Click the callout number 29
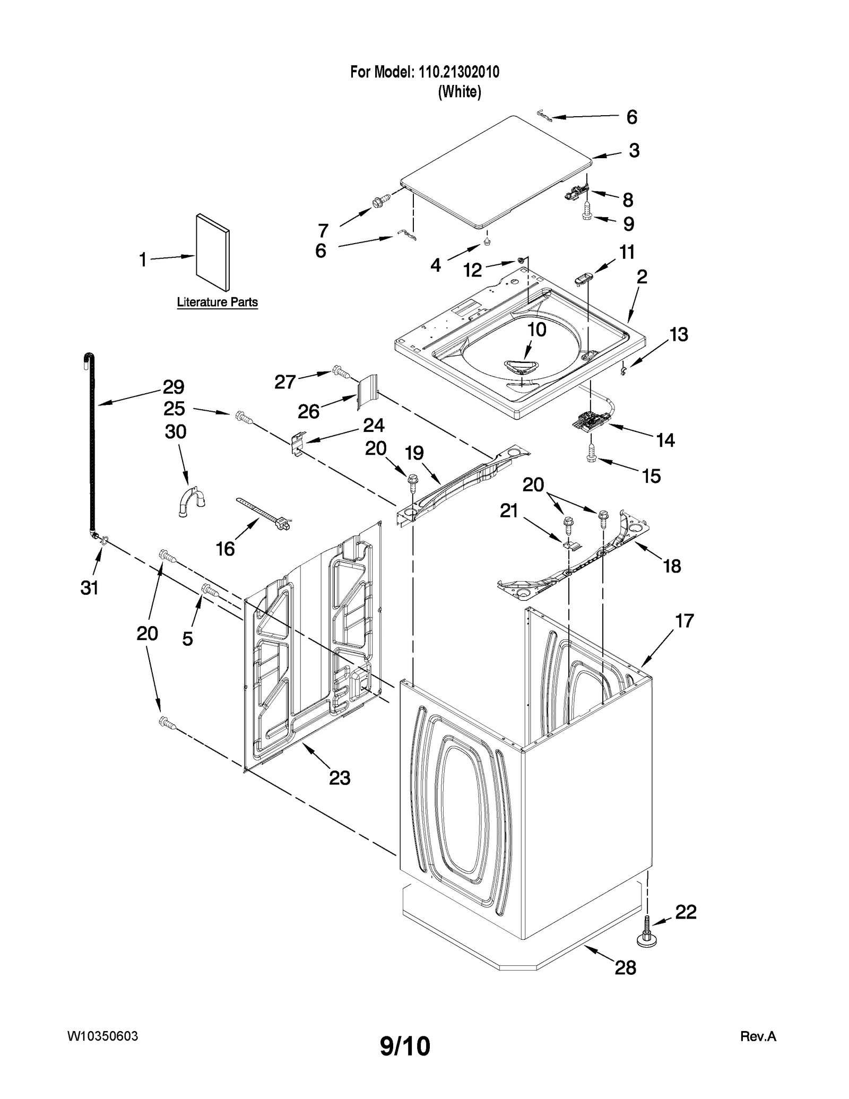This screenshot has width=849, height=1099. (x=173, y=387)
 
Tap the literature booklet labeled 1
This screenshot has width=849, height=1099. (x=213, y=253)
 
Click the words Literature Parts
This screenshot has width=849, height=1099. (x=217, y=302)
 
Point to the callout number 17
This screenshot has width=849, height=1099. (x=685, y=620)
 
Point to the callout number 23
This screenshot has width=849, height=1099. (x=340, y=777)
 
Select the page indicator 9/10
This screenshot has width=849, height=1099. (x=405, y=1045)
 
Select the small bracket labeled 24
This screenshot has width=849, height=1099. (x=299, y=442)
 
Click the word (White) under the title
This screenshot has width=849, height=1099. (x=460, y=92)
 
